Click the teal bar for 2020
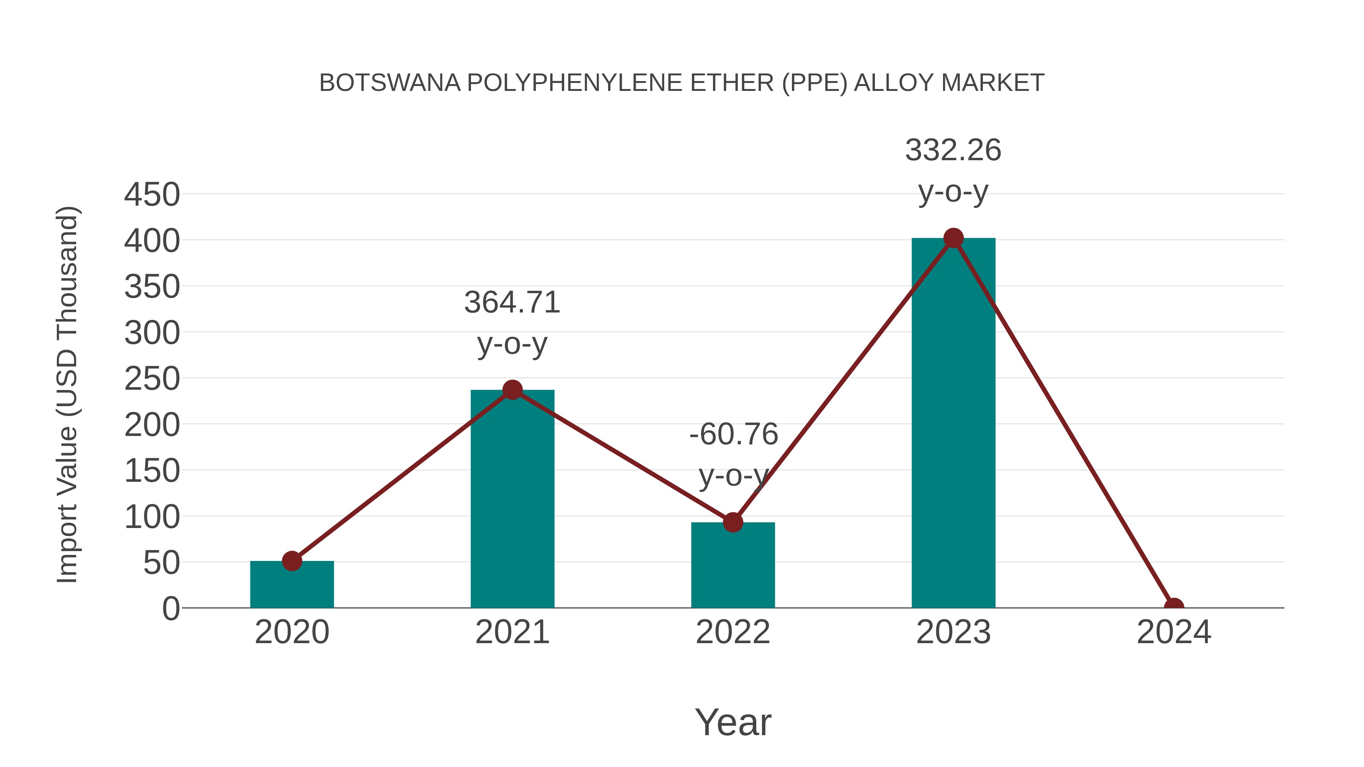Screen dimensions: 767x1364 (x=292, y=584)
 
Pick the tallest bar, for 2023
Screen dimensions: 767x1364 (x=953, y=423)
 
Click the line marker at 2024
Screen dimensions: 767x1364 (x=1174, y=607)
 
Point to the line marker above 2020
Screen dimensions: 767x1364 (x=292, y=561)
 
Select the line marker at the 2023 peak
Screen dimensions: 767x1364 (x=953, y=238)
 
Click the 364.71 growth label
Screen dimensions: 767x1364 (x=512, y=303)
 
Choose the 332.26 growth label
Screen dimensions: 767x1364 (x=953, y=150)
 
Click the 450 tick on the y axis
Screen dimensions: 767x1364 (x=152, y=195)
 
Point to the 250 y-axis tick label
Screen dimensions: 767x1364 (x=152, y=379)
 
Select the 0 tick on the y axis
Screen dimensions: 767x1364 (x=171, y=609)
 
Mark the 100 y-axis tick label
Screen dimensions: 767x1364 (x=152, y=517)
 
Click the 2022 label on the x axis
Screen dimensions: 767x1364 (x=732, y=633)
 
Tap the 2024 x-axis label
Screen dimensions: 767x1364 (x=1174, y=633)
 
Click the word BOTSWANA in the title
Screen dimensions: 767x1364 (x=390, y=83)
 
